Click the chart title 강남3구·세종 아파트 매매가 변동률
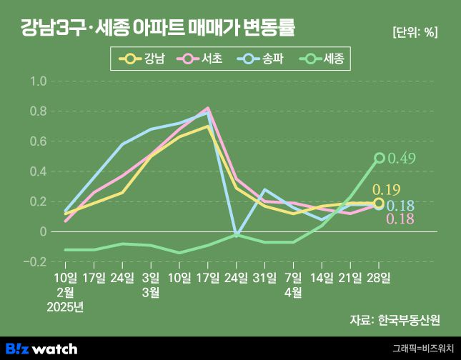158,29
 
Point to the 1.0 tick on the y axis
38,81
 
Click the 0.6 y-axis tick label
38,141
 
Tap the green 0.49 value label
402,159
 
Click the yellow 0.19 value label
387,190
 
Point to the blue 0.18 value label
400,206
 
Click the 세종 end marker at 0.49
380,159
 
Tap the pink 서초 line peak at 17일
208,109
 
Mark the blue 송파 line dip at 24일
237,235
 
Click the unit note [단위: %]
415,32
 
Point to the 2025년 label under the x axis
65,307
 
